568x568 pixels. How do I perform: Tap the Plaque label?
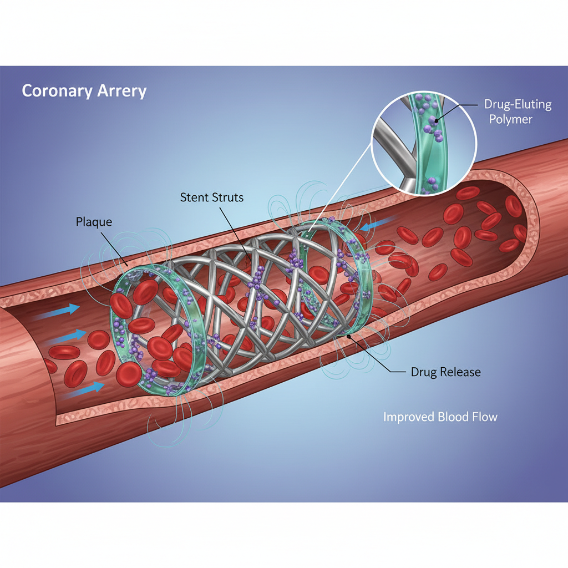pyautogui.click(x=93, y=222)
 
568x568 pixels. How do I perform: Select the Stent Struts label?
pyautogui.click(x=211, y=197)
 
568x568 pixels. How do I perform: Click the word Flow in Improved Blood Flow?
pyautogui.click(x=485, y=417)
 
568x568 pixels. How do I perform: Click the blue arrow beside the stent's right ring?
pyautogui.click(x=369, y=227)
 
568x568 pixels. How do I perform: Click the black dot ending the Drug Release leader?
pyautogui.click(x=348, y=335)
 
